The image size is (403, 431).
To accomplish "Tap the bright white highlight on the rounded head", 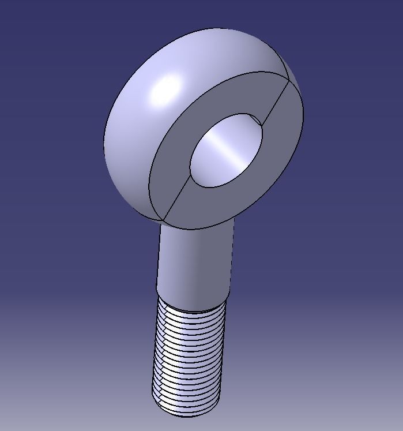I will tap(165, 90).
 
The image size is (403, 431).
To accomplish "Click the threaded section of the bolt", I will tap(187, 358).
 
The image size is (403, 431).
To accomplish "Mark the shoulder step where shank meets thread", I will tap(193, 306).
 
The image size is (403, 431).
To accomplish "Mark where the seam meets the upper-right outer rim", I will tap(289, 81).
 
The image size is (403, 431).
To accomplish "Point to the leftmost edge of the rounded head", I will tap(104, 138).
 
